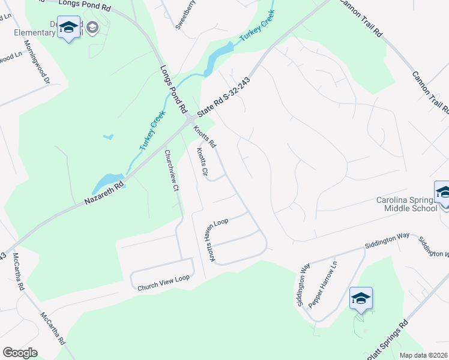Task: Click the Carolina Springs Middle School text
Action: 406,204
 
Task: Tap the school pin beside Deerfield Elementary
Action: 69,28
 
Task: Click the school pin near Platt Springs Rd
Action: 361,298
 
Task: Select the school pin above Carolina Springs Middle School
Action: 443,193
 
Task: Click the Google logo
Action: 20,352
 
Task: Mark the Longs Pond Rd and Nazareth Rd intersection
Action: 188,119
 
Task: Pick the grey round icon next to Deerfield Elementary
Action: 92,27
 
